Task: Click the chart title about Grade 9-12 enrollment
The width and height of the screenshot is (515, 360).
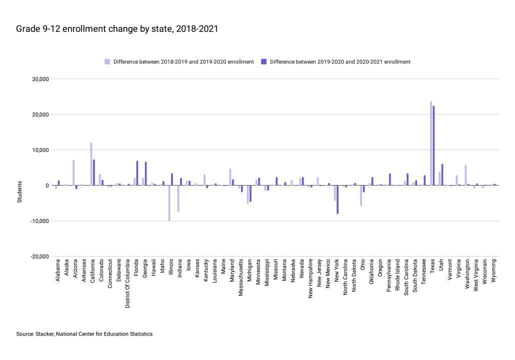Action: pyautogui.click(x=117, y=29)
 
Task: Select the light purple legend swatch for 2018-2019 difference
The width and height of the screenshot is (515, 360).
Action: pyautogui.click(x=107, y=62)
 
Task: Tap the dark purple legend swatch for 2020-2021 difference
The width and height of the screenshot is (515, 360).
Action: pyautogui.click(x=263, y=62)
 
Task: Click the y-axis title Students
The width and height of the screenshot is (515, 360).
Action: pyautogui.click(x=20, y=194)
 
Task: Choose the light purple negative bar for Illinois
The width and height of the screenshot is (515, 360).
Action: pyautogui.click(x=169, y=203)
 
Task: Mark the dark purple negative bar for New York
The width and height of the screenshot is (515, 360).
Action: pyautogui.click(x=338, y=199)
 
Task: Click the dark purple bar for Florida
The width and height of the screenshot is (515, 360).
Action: pyautogui.click(x=137, y=173)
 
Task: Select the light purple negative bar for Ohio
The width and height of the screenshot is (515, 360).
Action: pyautogui.click(x=361, y=195)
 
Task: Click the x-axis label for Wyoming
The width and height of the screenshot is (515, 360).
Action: pyautogui.click(x=494, y=271)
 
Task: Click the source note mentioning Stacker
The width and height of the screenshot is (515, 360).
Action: pyautogui.click(x=84, y=334)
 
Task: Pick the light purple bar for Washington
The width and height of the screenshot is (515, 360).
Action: pyautogui.click(x=465, y=175)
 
